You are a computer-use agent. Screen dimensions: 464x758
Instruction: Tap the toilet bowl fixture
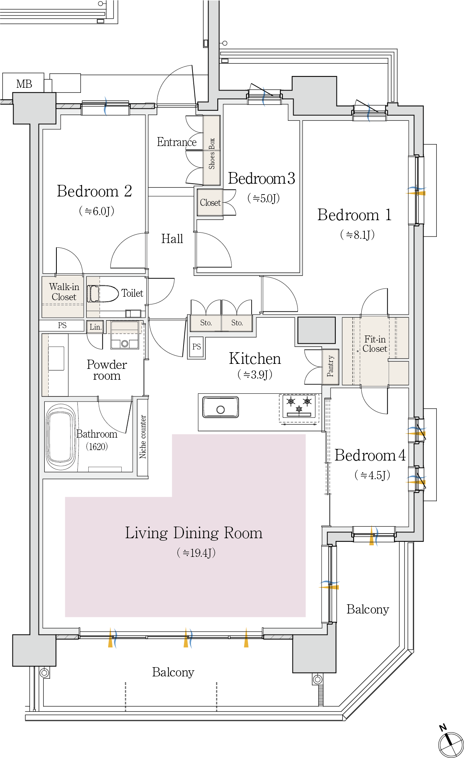(103, 294)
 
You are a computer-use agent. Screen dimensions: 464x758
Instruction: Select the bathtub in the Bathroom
(61, 437)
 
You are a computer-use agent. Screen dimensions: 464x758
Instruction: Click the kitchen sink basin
(220, 407)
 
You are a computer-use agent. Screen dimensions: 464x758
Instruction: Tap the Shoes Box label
(212, 153)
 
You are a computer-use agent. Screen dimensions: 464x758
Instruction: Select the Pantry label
(330, 366)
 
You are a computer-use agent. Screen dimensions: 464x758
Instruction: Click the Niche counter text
(143, 436)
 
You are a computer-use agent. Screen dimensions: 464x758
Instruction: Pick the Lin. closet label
(95, 327)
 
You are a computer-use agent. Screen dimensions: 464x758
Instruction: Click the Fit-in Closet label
(375, 344)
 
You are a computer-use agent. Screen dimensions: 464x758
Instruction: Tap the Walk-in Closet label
(64, 292)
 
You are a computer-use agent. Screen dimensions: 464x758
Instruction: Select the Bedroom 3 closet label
(210, 203)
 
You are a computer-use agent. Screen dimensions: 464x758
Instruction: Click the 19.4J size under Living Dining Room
(196, 552)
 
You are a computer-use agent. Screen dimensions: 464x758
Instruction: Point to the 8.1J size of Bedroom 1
(357, 235)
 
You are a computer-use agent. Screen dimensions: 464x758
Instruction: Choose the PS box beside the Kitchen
(196, 347)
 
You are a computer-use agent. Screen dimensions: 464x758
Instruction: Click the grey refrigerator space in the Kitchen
(316, 330)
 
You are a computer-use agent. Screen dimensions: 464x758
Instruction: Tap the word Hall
(172, 238)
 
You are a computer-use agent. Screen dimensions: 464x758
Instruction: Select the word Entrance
(177, 142)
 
